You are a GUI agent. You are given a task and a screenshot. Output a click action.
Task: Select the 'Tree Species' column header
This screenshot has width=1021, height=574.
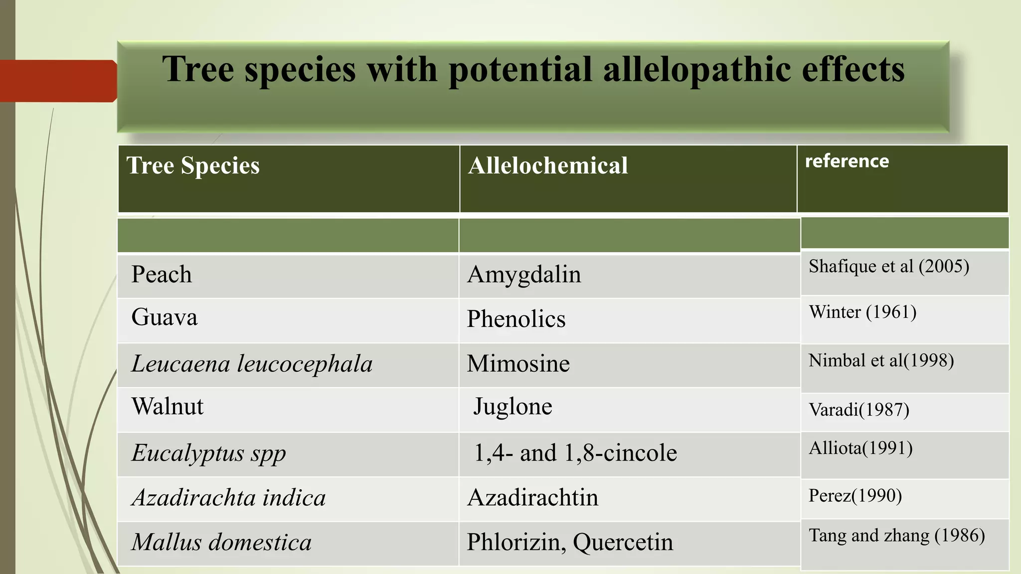point(193,165)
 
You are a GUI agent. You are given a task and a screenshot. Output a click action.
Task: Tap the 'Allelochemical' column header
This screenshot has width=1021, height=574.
point(547,165)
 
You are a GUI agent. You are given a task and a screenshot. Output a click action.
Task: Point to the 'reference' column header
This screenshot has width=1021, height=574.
point(847,161)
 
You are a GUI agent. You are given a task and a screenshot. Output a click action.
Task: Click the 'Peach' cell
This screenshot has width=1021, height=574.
point(162,275)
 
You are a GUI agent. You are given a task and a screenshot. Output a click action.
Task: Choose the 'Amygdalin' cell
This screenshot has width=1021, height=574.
point(524,275)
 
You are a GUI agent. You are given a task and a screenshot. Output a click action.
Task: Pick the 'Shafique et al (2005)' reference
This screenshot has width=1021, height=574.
point(888,267)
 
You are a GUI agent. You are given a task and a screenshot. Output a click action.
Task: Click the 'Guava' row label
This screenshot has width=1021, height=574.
point(164,317)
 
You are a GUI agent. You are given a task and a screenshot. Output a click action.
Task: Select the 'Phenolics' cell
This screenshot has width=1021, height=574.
point(516,319)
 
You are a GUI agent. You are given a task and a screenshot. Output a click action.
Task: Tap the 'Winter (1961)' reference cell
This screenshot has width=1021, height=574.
point(862,312)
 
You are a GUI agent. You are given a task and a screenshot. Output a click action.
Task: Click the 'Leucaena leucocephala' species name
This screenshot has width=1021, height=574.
point(252,364)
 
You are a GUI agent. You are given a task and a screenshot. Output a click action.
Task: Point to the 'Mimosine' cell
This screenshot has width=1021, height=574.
point(518,364)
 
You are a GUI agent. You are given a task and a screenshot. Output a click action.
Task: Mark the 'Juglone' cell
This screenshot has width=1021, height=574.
point(512,407)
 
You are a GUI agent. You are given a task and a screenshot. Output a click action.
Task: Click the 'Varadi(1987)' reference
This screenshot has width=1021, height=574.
point(858,410)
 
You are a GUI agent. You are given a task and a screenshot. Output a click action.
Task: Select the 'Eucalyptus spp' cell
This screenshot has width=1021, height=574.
point(208,453)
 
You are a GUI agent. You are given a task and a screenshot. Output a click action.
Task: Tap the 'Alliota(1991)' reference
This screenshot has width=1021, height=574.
point(860,448)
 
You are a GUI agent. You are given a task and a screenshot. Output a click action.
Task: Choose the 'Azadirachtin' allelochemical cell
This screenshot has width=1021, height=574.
point(532,497)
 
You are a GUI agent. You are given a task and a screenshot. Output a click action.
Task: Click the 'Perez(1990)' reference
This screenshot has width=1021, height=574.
point(855,496)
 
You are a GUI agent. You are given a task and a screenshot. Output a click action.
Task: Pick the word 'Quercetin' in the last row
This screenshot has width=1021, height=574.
point(623,542)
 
